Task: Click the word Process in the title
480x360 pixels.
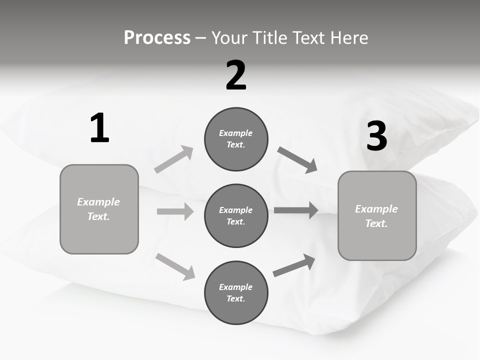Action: pos(157,37)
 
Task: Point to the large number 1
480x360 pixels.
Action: pos(99,128)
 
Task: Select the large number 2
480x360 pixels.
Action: pos(236,75)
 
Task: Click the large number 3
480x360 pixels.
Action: pos(377,136)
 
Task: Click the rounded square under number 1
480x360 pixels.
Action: pos(99,209)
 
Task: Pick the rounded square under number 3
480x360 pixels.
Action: pos(377,215)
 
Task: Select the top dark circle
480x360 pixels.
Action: pos(236,139)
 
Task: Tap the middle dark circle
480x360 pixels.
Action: pos(236,215)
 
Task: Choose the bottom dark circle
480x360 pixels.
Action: pos(236,292)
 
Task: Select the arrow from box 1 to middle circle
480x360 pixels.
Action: pos(175,211)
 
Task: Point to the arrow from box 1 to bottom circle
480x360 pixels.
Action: pos(175,266)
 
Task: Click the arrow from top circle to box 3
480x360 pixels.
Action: pos(297,160)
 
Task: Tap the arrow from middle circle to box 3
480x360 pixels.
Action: pos(295,210)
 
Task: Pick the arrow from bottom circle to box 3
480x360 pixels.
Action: pos(294,265)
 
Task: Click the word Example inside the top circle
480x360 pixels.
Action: pos(236,133)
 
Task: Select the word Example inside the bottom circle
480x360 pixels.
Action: pos(236,287)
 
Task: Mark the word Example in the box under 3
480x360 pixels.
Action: pos(376,209)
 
